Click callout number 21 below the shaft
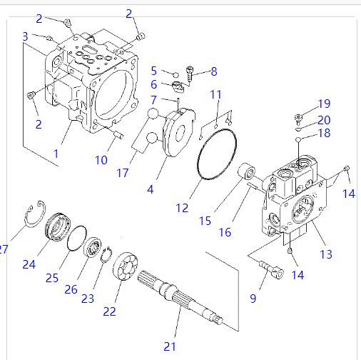click(x=170, y=346)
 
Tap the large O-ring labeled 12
click(x=198, y=166)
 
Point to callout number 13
click(x=326, y=254)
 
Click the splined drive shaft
click(x=180, y=298)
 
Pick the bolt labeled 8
click(x=190, y=73)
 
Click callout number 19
click(x=324, y=104)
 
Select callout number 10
click(x=101, y=160)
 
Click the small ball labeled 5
click(x=176, y=75)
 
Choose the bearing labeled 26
click(x=93, y=247)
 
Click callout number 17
click(x=123, y=173)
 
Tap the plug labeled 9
click(x=271, y=270)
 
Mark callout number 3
click(x=25, y=36)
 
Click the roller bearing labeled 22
click(x=126, y=266)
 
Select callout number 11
click(x=215, y=94)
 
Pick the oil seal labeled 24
click(x=58, y=227)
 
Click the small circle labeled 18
click(x=298, y=139)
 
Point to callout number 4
click(x=151, y=189)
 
